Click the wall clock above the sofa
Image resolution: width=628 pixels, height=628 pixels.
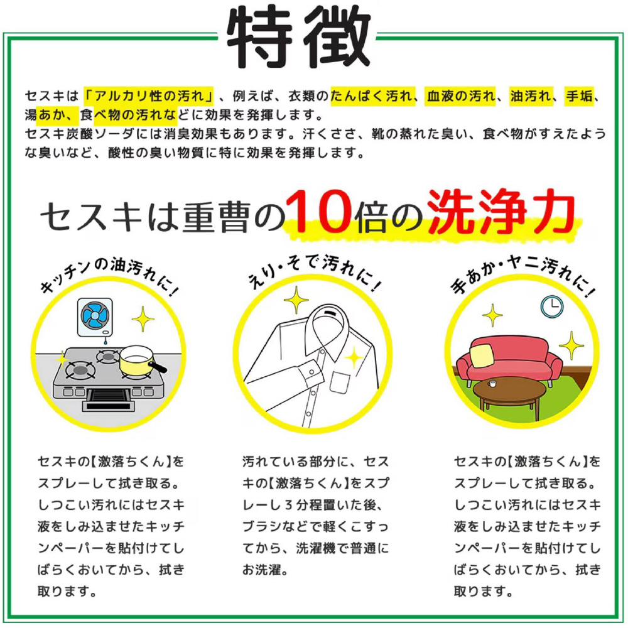coord(552,307)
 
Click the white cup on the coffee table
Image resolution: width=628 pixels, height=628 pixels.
coord(491,384)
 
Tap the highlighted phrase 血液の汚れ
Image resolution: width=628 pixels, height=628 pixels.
coord(460,97)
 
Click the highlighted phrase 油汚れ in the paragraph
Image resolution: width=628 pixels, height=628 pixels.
coord(531,97)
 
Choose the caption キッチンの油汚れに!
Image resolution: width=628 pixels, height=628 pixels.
coord(108,276)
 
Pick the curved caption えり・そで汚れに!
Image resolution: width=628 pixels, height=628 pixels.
coord(314,273)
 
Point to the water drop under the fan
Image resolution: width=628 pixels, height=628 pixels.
coord(106,342)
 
